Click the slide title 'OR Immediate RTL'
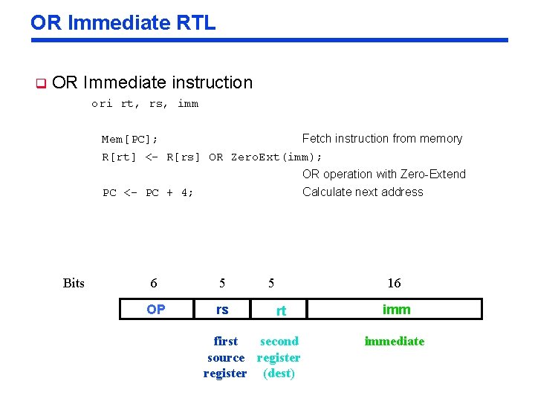123,22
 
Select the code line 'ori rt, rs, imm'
145,104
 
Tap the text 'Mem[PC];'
129,139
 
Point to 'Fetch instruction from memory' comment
382,139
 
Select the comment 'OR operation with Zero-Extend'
383,175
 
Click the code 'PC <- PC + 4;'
148,192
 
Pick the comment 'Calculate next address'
363,192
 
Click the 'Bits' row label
74,283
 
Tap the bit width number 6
154,283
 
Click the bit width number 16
394,283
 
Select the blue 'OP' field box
156,309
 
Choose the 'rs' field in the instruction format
222,309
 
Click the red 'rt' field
281,310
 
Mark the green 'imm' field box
395,309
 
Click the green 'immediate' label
394,342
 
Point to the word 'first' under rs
225,342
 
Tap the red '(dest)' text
279,374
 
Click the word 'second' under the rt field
279,342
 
